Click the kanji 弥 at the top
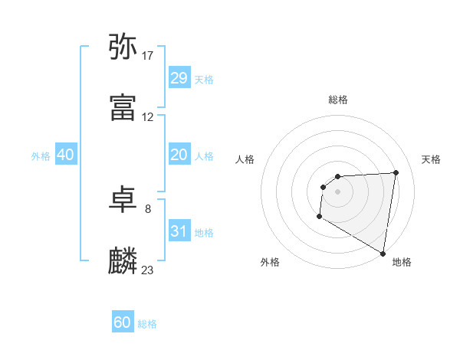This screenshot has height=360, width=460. [x=123, y=47]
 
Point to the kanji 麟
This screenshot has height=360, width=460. [x=123, y=261]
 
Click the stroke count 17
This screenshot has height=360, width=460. [x=148, y=55]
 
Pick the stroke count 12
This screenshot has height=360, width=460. [x=148, y=117]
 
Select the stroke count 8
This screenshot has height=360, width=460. [x=148, y=208]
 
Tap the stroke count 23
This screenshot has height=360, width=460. [x=148, y=270]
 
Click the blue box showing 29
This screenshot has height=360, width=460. [x=179, y=78]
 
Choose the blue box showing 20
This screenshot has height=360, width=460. [x=179, y=155]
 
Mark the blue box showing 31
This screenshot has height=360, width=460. [x=179, y=231]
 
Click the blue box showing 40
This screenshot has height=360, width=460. [x=65, y=155]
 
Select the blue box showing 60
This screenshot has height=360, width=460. [x=123, y=322]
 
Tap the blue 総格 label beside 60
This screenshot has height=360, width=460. [x=147, y=324]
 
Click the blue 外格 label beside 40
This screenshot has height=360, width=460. [x=41, y=156]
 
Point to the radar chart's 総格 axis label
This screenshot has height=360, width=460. [x=338, y=100]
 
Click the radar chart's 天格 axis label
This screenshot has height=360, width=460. [x=431, y=159]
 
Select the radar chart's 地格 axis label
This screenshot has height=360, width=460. [x=402, y=263]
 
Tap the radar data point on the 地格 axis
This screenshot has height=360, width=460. [x=383, y=254]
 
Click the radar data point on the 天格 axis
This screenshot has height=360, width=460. [x=396, y=172]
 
